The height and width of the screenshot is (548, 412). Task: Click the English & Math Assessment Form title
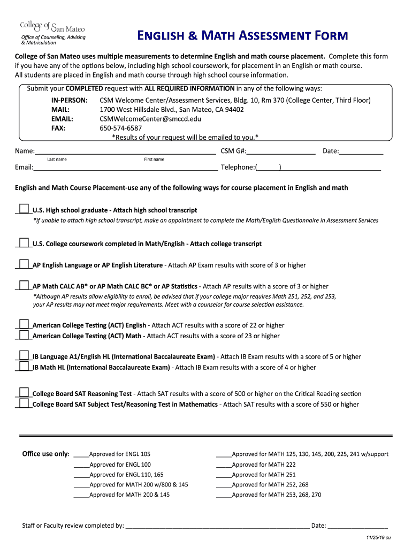(242, 36)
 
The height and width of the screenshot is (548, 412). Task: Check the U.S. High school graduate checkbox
(24, 209)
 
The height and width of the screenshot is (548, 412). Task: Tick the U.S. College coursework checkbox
(24, 242)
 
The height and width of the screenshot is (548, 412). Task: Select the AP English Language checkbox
(24, 264)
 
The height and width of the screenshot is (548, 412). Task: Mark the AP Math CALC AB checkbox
(24, 285)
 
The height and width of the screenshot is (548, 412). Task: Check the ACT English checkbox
(24, 324)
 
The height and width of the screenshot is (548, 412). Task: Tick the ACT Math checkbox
(24, 334)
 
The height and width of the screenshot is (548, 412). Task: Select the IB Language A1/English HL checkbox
(24, 355)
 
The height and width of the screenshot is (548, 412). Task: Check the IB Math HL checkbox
(24, 366)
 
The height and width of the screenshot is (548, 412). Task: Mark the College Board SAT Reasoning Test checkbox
(24, 392)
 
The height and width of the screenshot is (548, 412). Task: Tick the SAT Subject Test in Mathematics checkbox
(24, 403)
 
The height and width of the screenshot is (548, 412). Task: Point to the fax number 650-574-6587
(121, 128)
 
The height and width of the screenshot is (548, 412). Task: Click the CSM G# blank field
(281, 151)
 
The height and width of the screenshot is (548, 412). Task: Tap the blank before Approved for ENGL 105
(81, 455)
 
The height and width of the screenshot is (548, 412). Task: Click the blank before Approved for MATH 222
(224, 465)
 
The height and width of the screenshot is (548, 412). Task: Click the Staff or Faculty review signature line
(217, 526)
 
